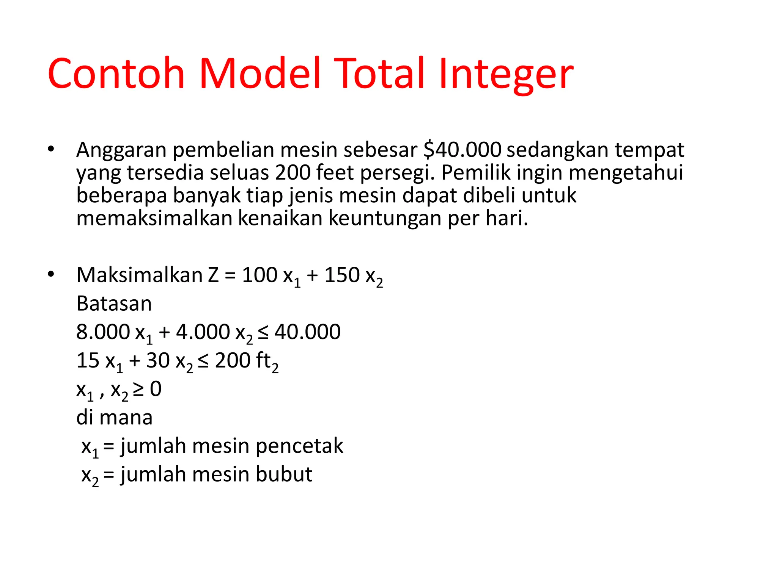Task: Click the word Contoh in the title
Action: coord(116,74)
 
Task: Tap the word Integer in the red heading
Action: coord(506,74)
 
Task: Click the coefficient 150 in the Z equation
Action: coord(341,275)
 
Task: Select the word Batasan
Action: coord(114,304)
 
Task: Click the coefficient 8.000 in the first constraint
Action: coord(103,332)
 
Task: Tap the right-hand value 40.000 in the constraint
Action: coord(307,332)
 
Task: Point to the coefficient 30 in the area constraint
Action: coord(158,361)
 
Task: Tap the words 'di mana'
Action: coord(114,418)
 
